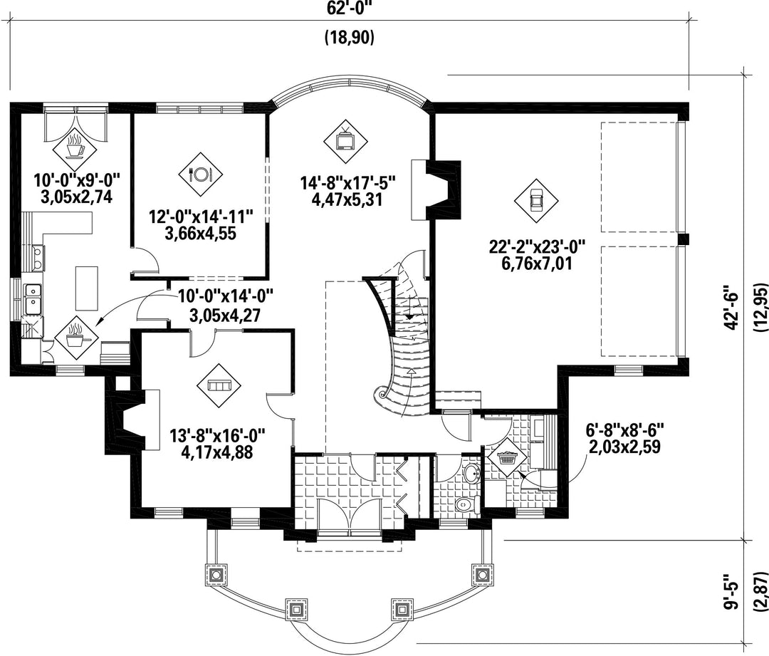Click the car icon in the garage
click(536, 200)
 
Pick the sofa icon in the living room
click(219, 385)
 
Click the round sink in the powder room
click(471, 474)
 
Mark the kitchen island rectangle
click(86, 288)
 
